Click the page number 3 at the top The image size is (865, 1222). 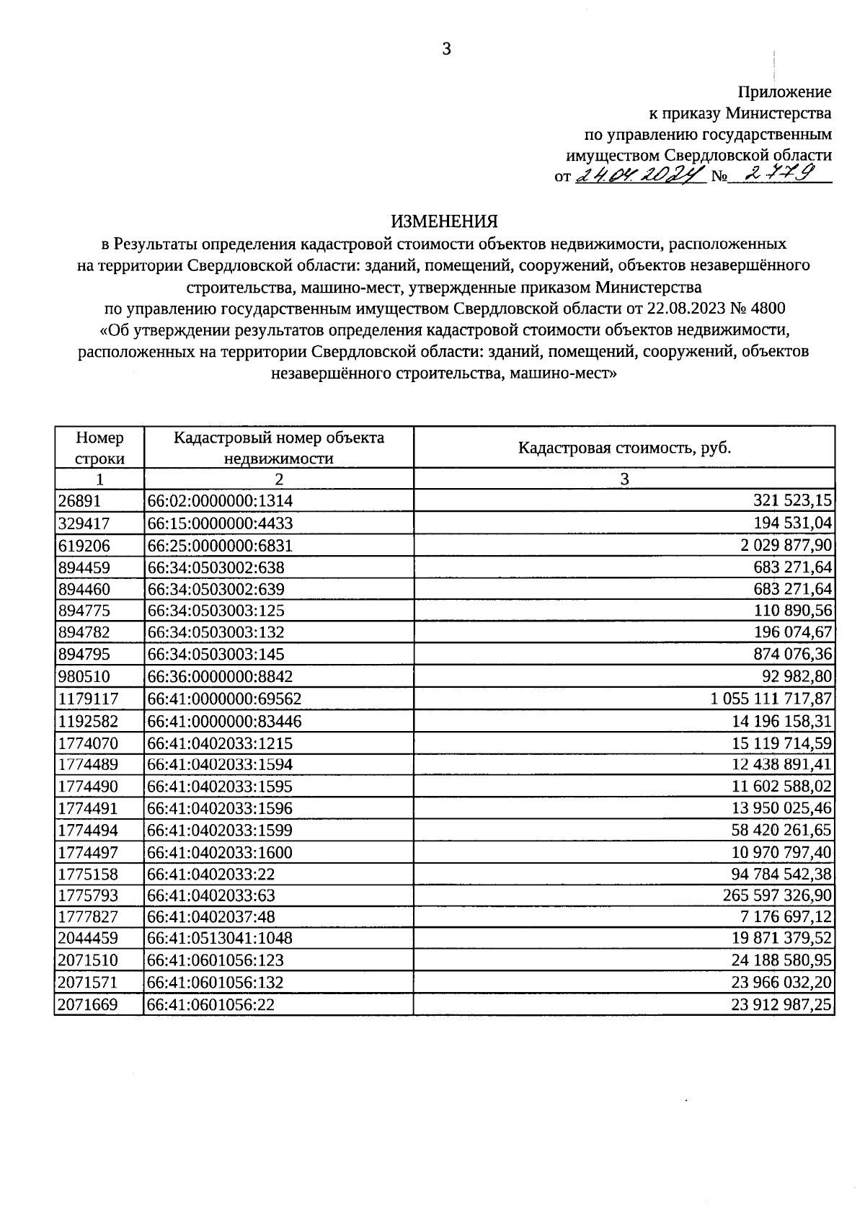coord(446,49)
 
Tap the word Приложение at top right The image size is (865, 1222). coord(784,92)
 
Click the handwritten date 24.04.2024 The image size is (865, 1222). coord(639,174)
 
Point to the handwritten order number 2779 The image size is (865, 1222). coord(780,173)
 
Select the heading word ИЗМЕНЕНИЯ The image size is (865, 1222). coord(445,221)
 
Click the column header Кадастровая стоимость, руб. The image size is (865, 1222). coord(624,448)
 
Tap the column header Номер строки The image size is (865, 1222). coord(99,448)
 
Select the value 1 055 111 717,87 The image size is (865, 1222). coord(771,699)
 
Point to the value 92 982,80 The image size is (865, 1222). coord(797,677)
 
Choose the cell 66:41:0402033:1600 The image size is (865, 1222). coord(220,853)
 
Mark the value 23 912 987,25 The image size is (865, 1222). coord(781,1004)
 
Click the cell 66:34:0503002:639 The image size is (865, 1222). coord(216,589)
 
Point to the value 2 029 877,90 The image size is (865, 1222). coord(787,545)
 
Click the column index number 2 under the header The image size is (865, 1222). coord(279,479)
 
